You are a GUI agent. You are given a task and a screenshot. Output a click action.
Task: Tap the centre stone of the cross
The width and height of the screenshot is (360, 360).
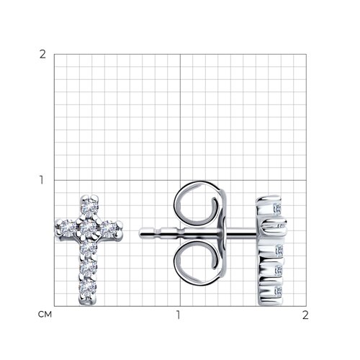tap(89, 227)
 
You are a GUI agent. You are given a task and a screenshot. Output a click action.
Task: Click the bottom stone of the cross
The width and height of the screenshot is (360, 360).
tap(89, 287)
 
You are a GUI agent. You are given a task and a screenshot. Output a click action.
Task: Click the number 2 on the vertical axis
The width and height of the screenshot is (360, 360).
tap(42, 55)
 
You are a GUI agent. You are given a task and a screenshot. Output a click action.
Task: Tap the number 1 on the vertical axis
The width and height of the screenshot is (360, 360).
tap(42, 180)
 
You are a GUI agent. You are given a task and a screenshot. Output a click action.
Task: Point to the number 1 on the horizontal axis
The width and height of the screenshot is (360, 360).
tap(179, 315)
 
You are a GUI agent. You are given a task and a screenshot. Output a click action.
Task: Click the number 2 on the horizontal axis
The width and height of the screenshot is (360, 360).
tap(305, 315)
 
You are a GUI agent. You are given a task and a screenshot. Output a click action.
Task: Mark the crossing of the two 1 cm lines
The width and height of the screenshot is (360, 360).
tap(179, 180)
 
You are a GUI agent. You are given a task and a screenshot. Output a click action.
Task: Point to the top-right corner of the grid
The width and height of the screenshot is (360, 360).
tap(305, 55)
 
